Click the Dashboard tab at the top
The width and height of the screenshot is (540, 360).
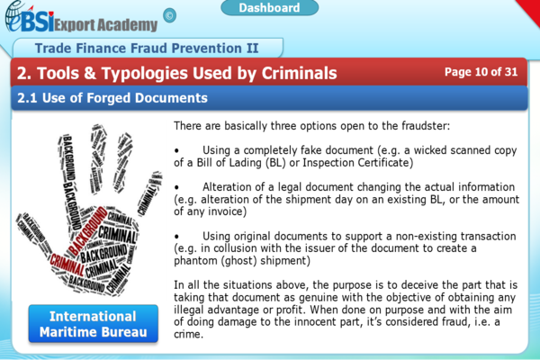coord(269,8)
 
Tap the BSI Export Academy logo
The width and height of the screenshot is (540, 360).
coord(80,19)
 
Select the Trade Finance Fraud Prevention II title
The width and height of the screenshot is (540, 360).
coord(145,47)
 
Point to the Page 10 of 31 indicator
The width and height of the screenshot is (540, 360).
coord(481,71)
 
